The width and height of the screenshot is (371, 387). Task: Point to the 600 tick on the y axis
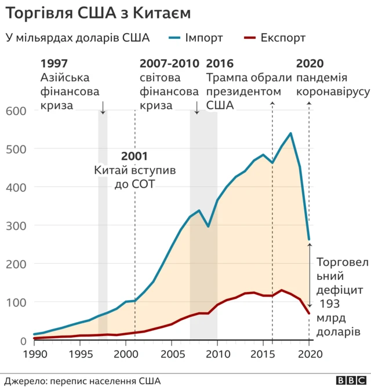point(16,111)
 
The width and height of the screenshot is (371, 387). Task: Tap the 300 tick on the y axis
point(16,225)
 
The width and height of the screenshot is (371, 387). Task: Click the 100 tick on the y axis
point(16,302)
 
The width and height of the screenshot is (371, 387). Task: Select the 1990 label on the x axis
point(34,353)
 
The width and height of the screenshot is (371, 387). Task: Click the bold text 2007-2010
point(169,64)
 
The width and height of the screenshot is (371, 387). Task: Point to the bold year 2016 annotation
point(220,64)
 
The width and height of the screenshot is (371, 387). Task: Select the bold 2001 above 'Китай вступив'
point(134,156)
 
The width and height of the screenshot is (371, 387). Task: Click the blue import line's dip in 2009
point(208,226)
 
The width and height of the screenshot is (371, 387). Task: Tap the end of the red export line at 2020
point(309,313)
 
